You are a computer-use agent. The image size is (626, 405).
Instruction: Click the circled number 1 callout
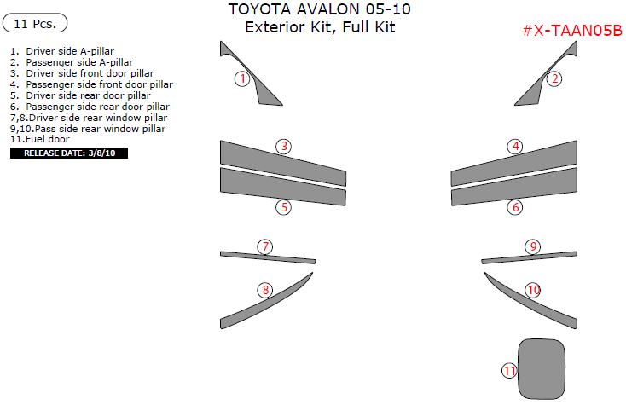(x=242, y=79)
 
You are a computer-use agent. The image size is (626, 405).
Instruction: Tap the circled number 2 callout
(x=554, y=79)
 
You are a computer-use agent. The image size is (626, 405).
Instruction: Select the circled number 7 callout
(x=266, y=247)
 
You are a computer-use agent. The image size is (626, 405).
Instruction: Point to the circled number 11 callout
(x=509, y=371)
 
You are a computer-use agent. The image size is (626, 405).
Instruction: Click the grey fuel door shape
(x=543, y=367)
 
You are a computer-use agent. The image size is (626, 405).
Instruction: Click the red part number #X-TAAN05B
(x=571, y=32)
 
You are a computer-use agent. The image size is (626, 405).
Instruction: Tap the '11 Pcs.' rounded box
(x=35, y=23)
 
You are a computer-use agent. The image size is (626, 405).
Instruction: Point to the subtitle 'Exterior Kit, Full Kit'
(x=320, y=27)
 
